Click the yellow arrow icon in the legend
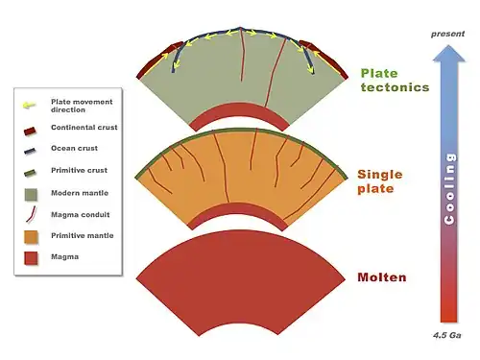click(x=29, y=105)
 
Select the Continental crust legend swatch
click(x=30, y=132)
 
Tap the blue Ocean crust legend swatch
click(x=30, y=151)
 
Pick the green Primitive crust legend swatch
click(x=30, y=173)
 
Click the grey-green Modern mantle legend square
click(x=31, y=195)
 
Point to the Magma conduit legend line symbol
click(x=31, y=214)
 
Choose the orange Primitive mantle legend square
click(x=31, y=237)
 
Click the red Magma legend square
click(x=31, y=258)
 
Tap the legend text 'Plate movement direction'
click(x=82, y=106)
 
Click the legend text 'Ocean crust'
click(x=74, y=148)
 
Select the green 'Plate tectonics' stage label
click(x=395, y=81)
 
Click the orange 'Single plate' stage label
click(x=380, y=181)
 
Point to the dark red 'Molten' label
click(x=382, y=277)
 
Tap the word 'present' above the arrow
click(x=447, y=34)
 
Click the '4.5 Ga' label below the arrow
click(x=447, y=335)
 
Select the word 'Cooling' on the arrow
click(x=449, y=189)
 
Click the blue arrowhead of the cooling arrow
click(x=448, y=53)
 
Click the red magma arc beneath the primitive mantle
click(x=237, y=210)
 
